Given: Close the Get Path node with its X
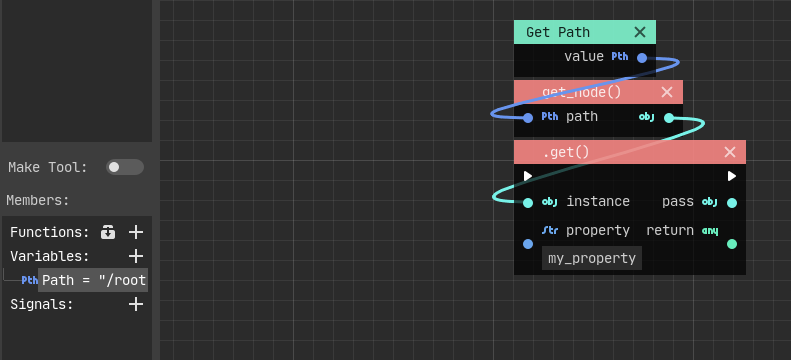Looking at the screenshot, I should coord(640,33).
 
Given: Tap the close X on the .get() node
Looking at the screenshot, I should coord(730,152).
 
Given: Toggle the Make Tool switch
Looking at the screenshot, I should coord(125,167).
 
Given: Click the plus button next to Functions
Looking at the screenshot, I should coord(136,232).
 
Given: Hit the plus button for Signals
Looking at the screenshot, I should coord(136,304).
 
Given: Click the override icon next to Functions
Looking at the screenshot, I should coord(110,232).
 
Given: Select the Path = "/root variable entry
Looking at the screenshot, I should coord(94,280).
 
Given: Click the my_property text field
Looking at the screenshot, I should coord(592,258).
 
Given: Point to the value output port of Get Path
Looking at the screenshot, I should coord(642,58).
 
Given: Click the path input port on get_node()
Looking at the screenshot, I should coord(528,117).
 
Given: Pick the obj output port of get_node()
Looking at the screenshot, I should coord(669,117).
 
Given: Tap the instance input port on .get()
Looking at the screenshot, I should coord(528,202).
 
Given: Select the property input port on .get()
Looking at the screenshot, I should coord(528,243).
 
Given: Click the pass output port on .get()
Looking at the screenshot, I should coord(732,202).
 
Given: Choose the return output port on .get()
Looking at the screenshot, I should coord(732,243).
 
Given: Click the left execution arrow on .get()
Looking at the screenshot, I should coord(528,176).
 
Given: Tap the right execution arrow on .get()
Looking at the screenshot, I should coord(732,176).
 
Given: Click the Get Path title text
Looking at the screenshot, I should coord(558,33).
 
